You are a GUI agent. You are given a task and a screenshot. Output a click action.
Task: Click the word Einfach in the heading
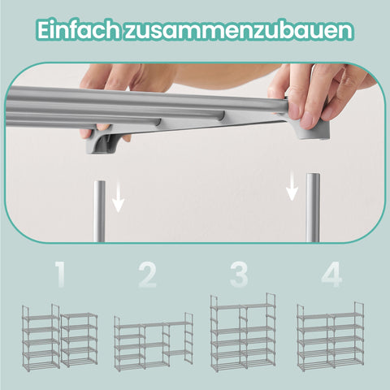[78, 31]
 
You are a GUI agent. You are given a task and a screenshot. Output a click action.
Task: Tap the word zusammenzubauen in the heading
[240, 31]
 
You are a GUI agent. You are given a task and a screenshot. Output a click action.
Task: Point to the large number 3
[238, 275]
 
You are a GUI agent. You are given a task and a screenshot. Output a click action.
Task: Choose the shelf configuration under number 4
[330, 336]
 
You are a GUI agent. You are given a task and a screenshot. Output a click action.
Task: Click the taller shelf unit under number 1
[40, 336]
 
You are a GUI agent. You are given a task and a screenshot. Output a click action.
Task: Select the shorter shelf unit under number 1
[79, 340]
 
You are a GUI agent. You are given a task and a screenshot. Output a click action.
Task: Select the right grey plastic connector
[313, 127]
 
